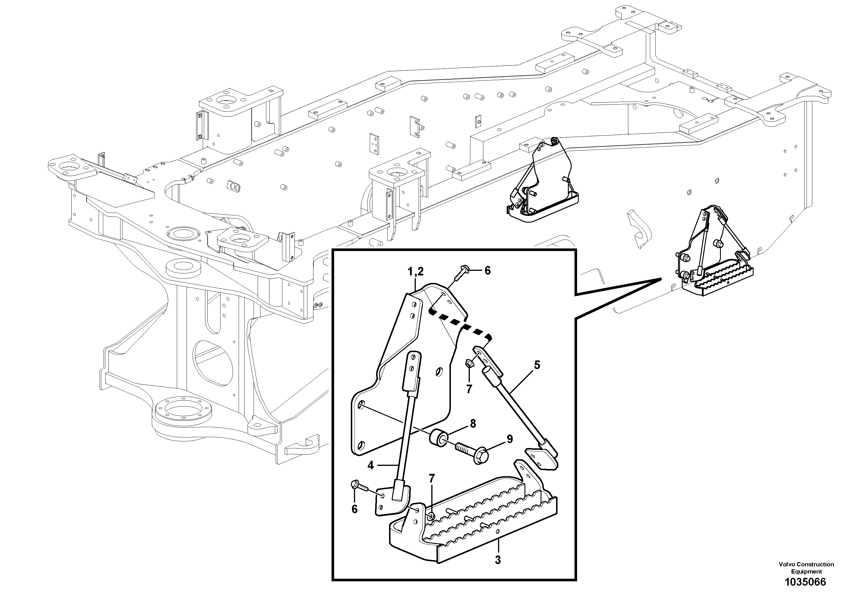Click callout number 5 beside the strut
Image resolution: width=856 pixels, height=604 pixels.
pos(537,365)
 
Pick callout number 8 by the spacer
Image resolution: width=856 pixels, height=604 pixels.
pos(473,423)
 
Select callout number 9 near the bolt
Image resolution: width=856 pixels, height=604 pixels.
pos(509,439)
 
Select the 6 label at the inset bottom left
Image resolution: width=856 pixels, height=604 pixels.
pos(354,509)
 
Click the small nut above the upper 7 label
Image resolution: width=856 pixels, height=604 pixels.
pos(469,363)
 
